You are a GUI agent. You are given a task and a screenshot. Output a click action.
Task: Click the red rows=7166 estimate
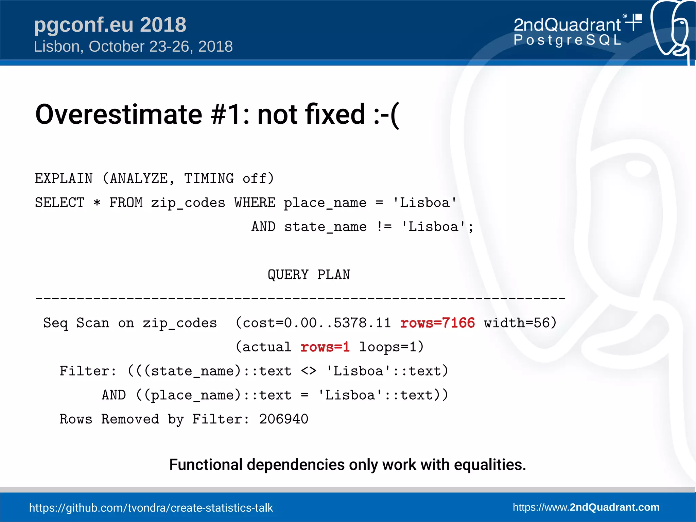[x=437, y=323]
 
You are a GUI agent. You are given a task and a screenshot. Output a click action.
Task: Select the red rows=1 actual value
[x=325, y=347]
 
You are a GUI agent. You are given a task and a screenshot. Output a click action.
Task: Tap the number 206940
[x=283, y=419]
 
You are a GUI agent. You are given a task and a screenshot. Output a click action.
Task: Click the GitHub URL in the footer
[x=151, y=508]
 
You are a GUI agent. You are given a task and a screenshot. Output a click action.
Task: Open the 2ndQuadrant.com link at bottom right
[x=586, y=507]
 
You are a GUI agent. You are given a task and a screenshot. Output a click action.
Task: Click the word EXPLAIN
[x=64, y=179]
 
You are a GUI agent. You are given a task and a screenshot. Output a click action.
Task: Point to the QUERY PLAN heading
[x=309, y=275]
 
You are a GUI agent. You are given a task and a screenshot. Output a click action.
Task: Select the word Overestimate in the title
[x=119, y=115]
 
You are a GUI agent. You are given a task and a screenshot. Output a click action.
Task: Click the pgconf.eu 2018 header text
[x=110, y=25]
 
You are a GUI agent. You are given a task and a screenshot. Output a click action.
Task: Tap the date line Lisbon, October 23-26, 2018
[x=133, y=47]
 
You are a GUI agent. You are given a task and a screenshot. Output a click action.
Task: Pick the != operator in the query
[x=384, y=227]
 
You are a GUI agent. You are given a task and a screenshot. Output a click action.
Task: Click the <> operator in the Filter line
[x=309, y=371]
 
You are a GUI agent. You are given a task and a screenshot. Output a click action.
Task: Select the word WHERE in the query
[x=255, y=203]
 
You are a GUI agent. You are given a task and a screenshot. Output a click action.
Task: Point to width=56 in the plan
[x=520, y=323]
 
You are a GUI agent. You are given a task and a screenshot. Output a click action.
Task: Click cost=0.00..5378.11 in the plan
[x=317, y=323]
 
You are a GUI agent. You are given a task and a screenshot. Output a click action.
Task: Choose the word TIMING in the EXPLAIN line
[x=209, y=179]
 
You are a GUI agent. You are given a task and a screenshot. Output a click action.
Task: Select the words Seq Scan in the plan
[x=76, y=323]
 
